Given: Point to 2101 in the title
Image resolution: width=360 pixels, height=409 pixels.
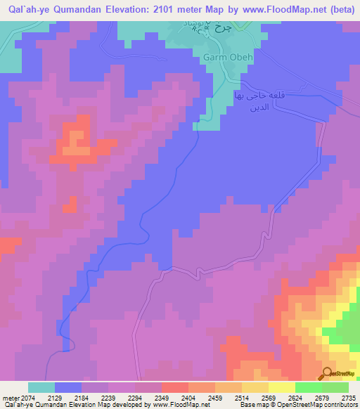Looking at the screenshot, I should click(x=174, y=9).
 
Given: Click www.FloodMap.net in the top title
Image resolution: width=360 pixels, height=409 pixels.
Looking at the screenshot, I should click(x=288, y=9).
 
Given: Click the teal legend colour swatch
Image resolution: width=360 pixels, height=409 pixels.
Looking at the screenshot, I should click(x=41, y=387).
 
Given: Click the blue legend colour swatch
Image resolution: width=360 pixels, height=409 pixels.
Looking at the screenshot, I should click(x=67, y=387).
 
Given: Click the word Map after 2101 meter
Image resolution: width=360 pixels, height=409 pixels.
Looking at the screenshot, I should click(x=226, y=9).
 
